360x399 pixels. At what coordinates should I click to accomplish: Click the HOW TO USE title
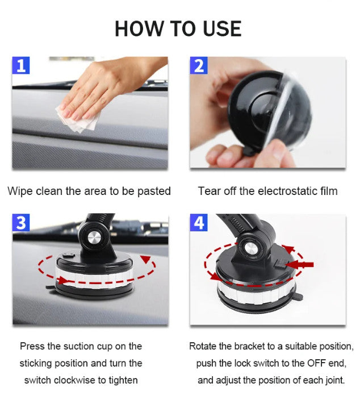point(178,28)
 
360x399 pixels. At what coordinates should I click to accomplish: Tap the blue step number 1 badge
point(21,66)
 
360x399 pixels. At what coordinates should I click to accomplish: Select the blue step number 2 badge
point(198,66)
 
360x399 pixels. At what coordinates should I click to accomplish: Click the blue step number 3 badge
point(21,223)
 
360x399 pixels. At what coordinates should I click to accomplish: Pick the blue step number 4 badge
point(198,223)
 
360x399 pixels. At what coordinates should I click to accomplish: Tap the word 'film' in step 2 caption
point(327,191)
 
